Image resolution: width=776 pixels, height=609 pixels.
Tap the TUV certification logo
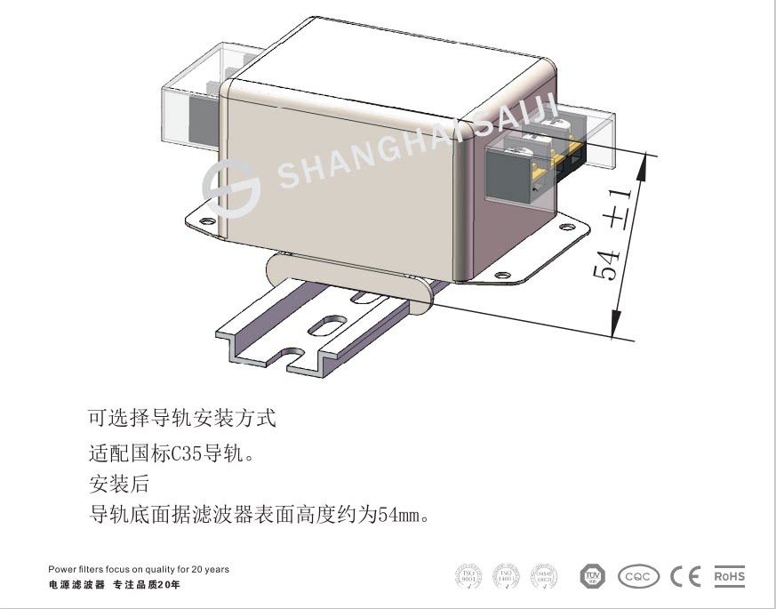coord(592,576)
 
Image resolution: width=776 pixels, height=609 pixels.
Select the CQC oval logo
coord(638,576)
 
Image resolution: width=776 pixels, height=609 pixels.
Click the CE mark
coord(685,576)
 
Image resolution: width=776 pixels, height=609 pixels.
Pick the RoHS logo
coord(730,576)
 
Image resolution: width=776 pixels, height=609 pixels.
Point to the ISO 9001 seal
coord(468,576)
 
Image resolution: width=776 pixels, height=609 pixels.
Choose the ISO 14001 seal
coord(506,576)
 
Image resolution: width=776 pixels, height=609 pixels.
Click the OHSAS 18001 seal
coord(544,576)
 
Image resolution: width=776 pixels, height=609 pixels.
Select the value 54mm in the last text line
coord(397,515)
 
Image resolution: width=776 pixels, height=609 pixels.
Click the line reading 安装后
coord(119,485)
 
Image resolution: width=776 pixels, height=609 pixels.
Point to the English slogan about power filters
coord(138,569)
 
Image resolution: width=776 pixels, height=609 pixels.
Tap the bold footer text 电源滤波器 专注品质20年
coord(115,585)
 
